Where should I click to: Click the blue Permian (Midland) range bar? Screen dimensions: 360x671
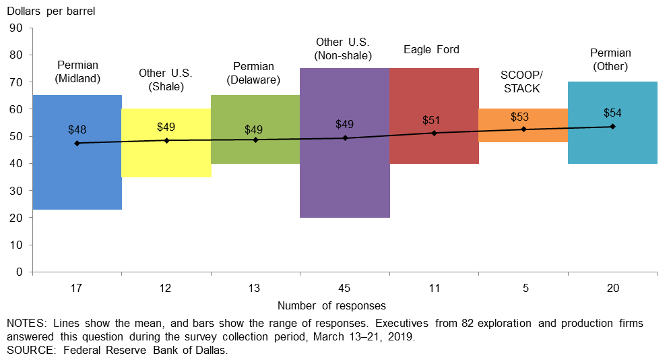click(77, 175)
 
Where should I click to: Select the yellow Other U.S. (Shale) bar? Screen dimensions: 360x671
click(166, 158)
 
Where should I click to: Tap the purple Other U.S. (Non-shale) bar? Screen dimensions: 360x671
click(344, 175)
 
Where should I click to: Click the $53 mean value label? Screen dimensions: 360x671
click(519, 117)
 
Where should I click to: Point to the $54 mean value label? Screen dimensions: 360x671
click(612, 113)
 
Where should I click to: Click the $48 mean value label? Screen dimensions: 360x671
click(77, 129)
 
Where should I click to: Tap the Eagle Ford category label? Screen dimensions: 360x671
click(431, 49)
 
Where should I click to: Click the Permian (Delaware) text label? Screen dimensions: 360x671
click(253, 73)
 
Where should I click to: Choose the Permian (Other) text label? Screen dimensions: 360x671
click(610, 59)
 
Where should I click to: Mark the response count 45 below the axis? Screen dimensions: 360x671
click(344, 289)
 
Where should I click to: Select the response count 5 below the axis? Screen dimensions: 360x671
click(524, 289)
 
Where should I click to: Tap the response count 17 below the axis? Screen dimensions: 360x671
click(76, 289)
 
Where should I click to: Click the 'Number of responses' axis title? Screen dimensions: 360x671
click(331, 305)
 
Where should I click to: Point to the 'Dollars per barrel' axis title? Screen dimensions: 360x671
click(51, 10)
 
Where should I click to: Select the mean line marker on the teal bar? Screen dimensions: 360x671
click(612, 127)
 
